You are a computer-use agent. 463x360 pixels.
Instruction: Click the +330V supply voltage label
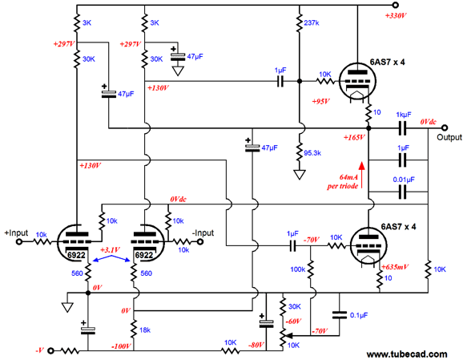pyautogui.click(x=396, y=16)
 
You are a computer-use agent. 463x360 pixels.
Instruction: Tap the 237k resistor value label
pyautogui.click(x=312, y=22)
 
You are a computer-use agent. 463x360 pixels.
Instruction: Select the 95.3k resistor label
pyautogui.click(x=312, y=153)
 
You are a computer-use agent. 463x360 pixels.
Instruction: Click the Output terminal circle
pyautogui.click(x=445, y=127)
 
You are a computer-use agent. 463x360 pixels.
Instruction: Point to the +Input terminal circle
pyautogui.click(x=19, y=242)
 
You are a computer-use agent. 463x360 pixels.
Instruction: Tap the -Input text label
pyautogui.click(x=203, y=233)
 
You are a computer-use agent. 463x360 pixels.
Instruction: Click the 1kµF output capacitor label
pyautogui.click(x=404, y=115)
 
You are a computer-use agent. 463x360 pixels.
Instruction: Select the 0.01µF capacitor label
pyautogui.click(x=404, y=180)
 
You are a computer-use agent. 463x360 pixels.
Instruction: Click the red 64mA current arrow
pyautogui.click(x=362, y=175)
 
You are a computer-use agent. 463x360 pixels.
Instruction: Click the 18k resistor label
pyautogui.click(x=145, y=330)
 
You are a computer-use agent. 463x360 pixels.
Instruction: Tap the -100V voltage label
pyautogui.click(x=121, y=346)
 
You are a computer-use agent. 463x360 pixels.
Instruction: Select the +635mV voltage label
pyautogui.click(x=395, y=267)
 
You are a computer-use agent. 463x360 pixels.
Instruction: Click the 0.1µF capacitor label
pyautogui.click(x=359, y=315)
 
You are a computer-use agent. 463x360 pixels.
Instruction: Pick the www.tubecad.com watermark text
pyautogui.click(x=407, y=354)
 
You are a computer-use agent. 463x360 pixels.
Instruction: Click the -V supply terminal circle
pyautogui.click(x=51, y=351)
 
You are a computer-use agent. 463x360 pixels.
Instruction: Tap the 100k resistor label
pyautogui.click(x=298, y=269)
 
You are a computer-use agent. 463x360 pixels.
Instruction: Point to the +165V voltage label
pyautogui.click(x=354, y=137)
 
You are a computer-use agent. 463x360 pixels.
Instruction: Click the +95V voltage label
pyautogui.click(x=320, y=101)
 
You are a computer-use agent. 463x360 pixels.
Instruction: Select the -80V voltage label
pyautogui.click(x=256, y=345)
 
